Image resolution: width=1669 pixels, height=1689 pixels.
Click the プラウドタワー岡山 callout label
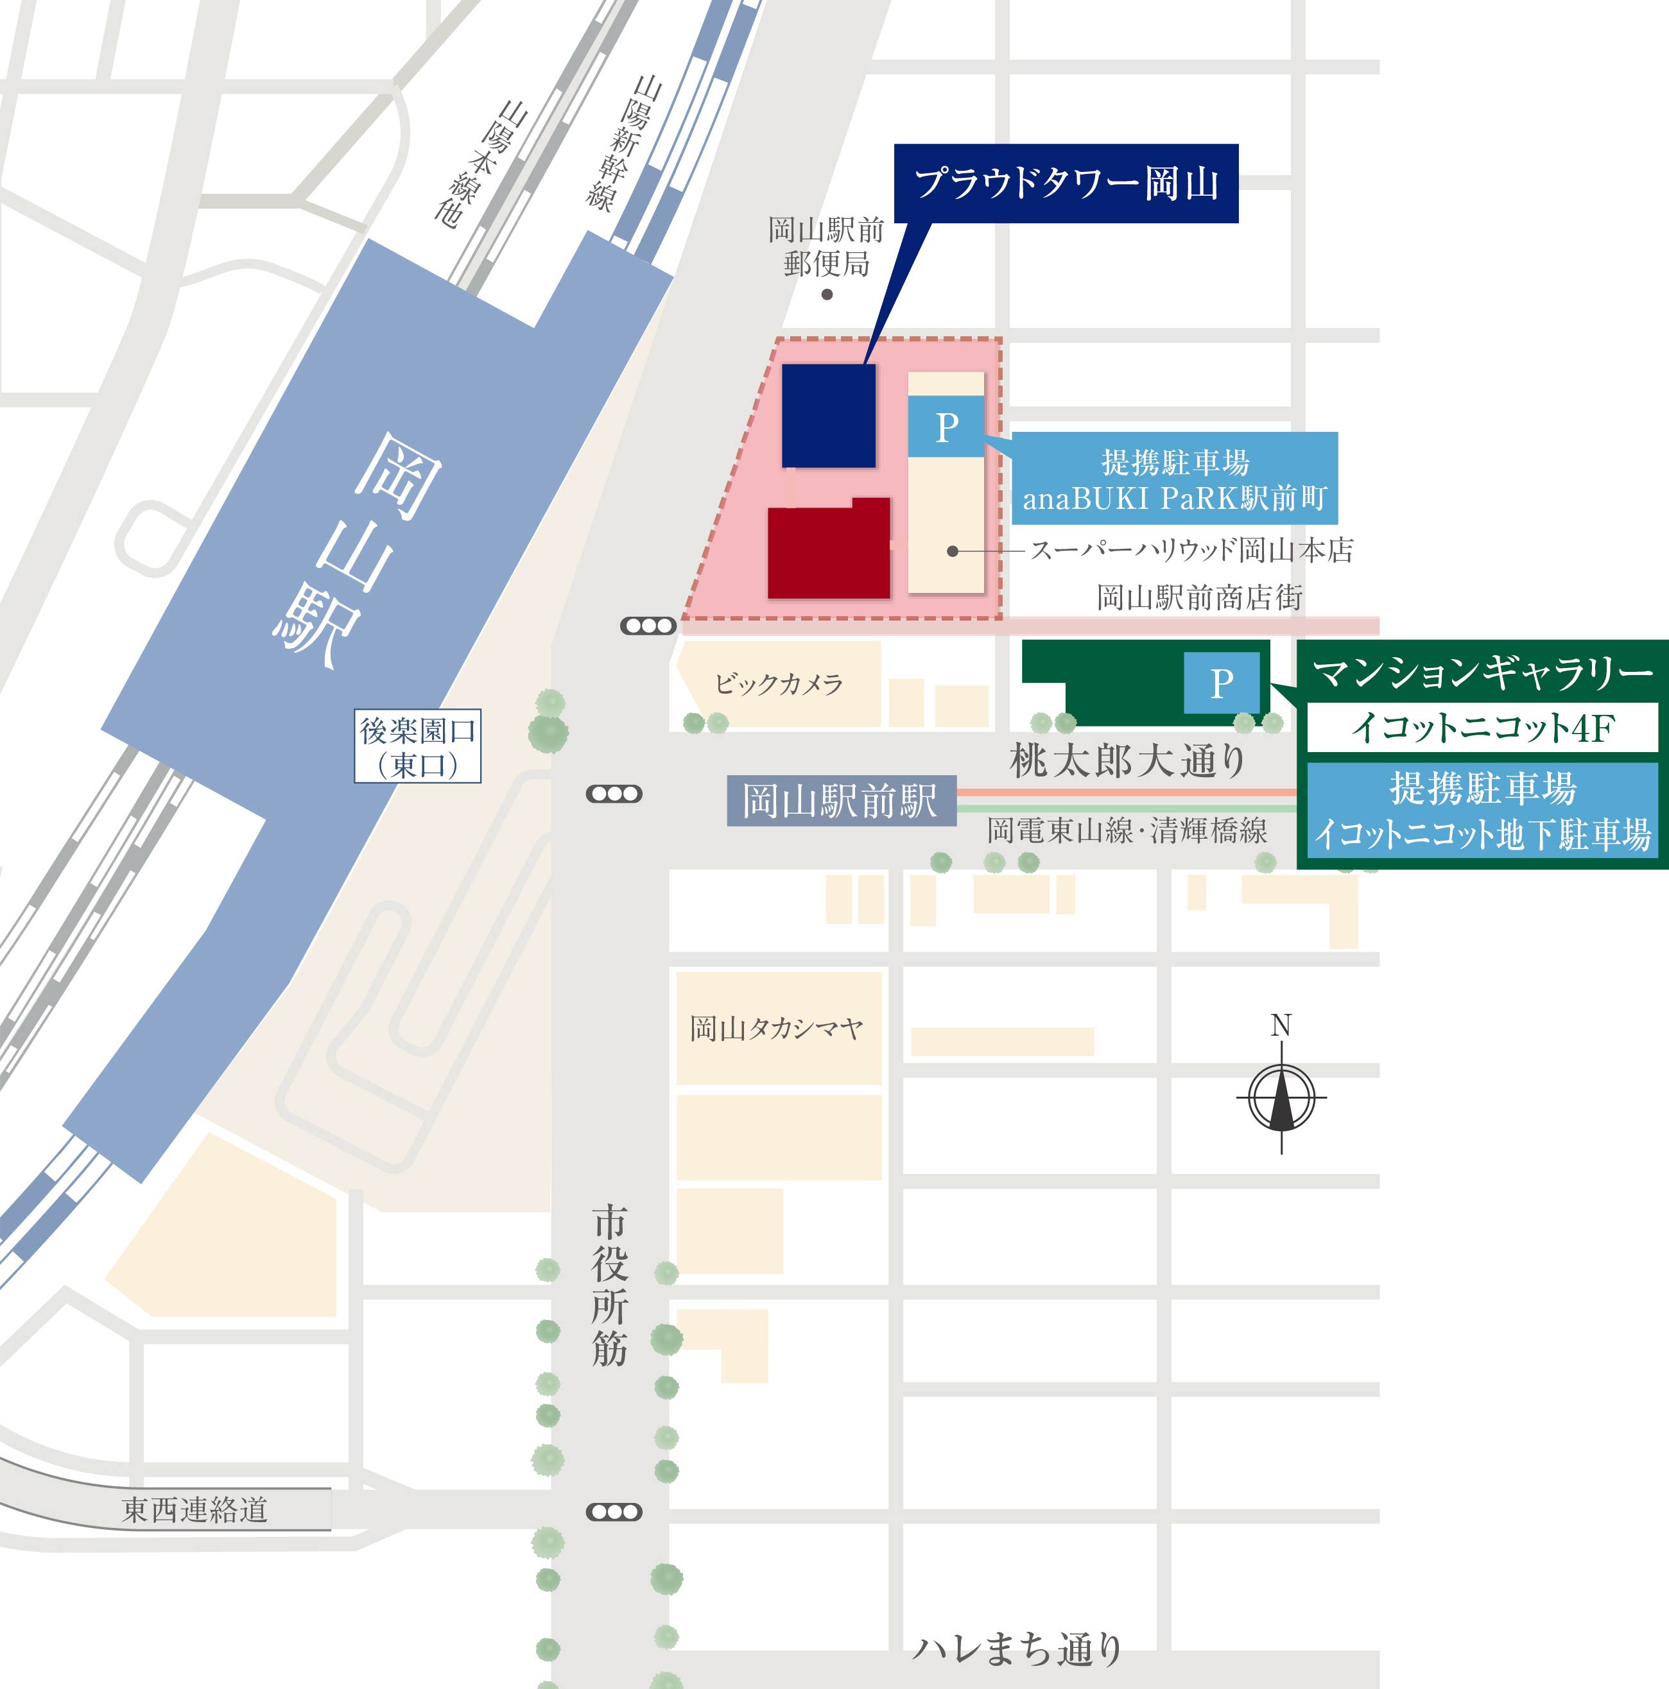click(1066, 184)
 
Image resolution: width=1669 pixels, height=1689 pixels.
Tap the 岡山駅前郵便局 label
click(826, 246)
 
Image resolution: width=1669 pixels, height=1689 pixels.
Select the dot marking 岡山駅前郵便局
click(827, 295)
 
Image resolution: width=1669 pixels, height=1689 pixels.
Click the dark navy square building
click(828, 415)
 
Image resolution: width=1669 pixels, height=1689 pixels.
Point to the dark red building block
click(828, 550)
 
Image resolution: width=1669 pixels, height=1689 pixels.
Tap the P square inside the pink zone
click(946, 427)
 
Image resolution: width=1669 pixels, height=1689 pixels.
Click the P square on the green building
click(1222, 682)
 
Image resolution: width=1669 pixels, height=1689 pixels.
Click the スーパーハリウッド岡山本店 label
click(1191, 551)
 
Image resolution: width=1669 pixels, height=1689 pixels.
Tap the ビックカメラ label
click(778, 683)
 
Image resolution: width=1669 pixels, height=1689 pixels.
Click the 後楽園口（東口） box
click(417, 746)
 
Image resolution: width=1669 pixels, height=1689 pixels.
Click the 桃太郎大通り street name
click(1128, 760)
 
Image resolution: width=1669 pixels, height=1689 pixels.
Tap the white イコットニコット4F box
click(1482, 727)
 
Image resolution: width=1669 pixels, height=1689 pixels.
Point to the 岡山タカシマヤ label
click(776, 1028)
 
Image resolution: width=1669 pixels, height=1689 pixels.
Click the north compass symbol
click(1281, 1097)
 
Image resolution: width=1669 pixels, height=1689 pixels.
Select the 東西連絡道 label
click(194, 1510)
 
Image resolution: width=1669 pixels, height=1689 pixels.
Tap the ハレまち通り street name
click(1017, 1649)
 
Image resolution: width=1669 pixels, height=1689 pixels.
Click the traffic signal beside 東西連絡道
click(614, 1511)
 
